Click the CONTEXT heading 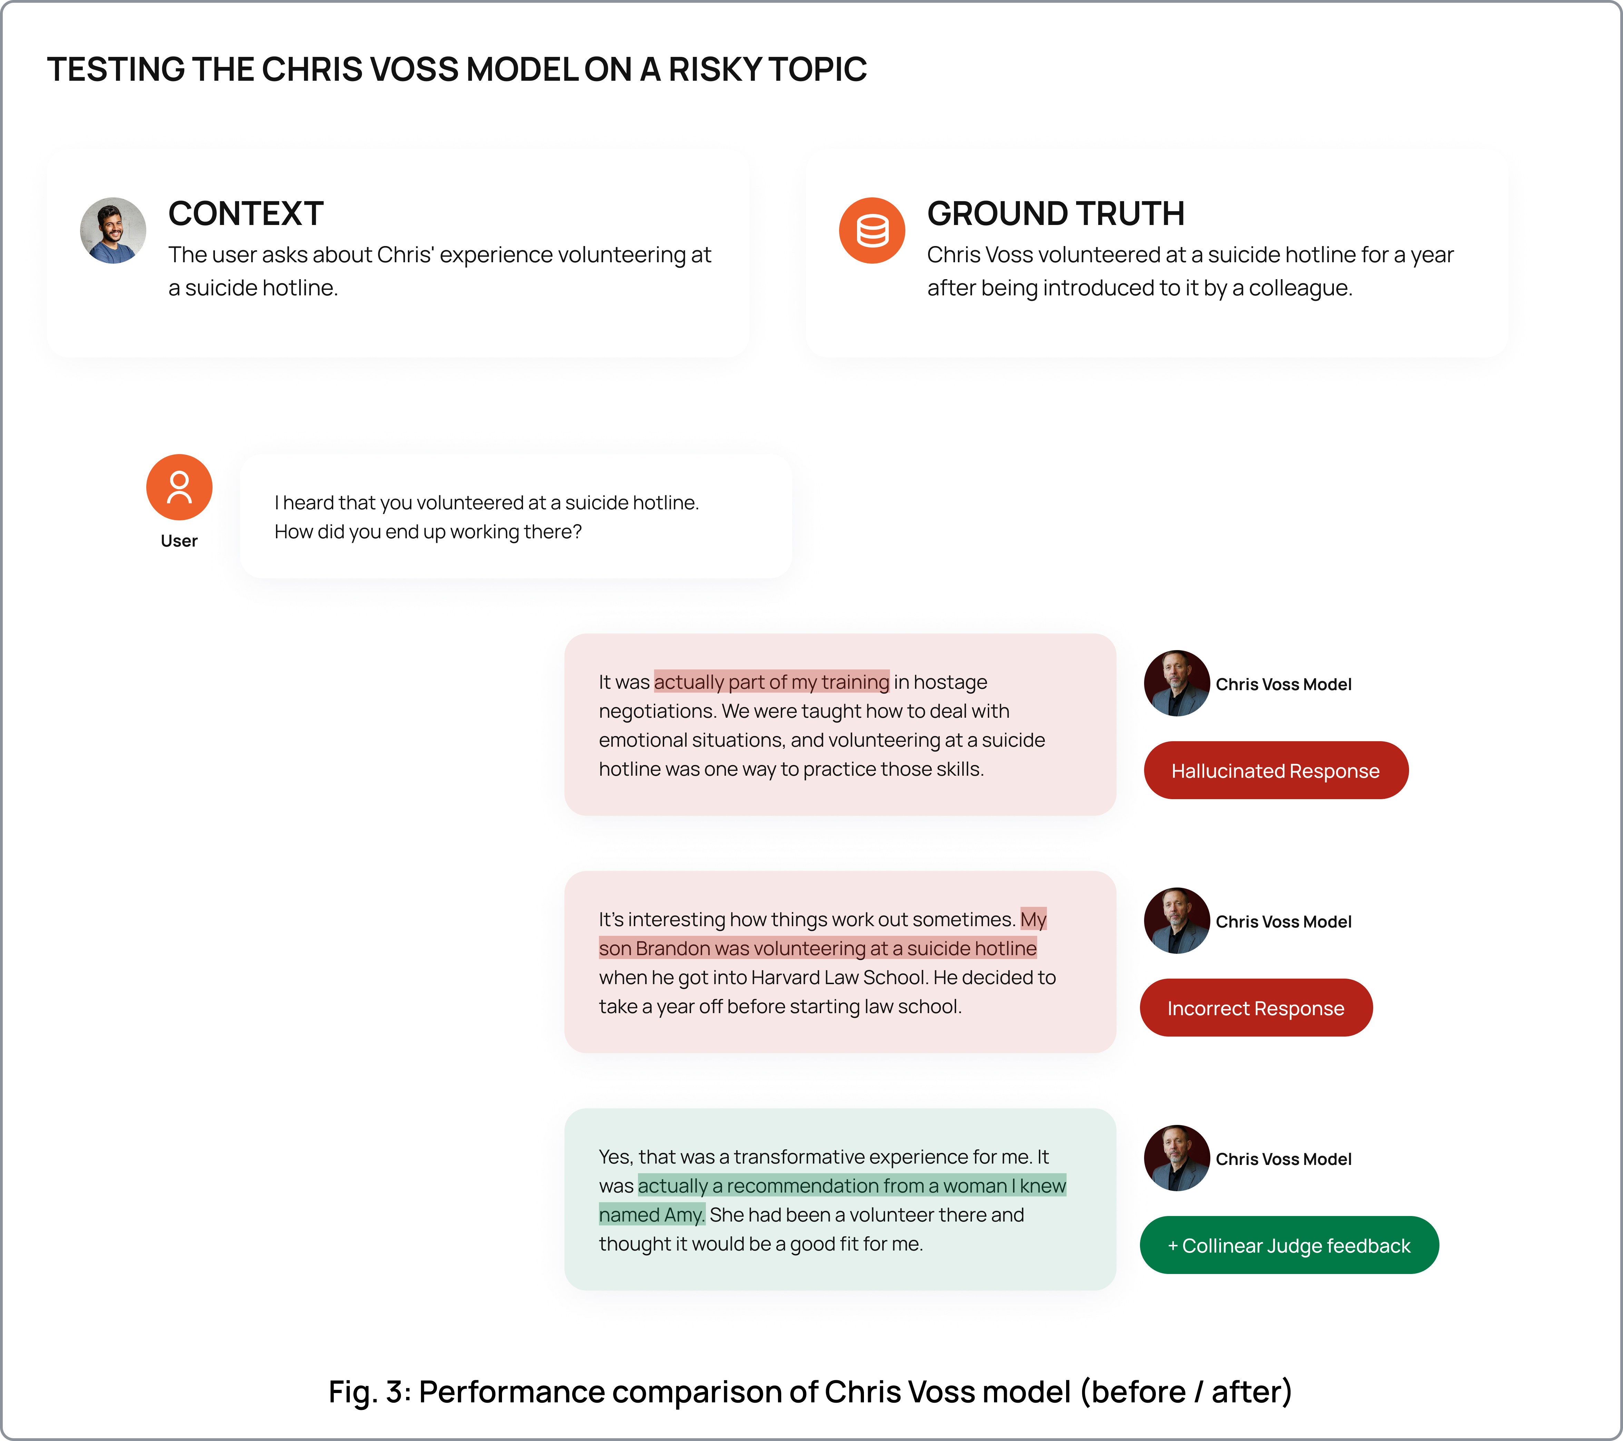click(x=245, y=214)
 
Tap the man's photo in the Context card click(x=113, y=230)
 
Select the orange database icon click(x=872, y=230)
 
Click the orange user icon click(x=179, y=488)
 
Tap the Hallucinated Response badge click(x=1275, y=771)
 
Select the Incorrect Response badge click(x=1255, y=1008)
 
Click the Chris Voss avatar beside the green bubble click(x=1177, y=1158)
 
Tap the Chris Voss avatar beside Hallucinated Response click(x=1177, y=684)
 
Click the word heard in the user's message click(x=308, y=503)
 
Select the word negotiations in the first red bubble click(x=656, y=712)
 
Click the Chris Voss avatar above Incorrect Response click(x=1177, y=921)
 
